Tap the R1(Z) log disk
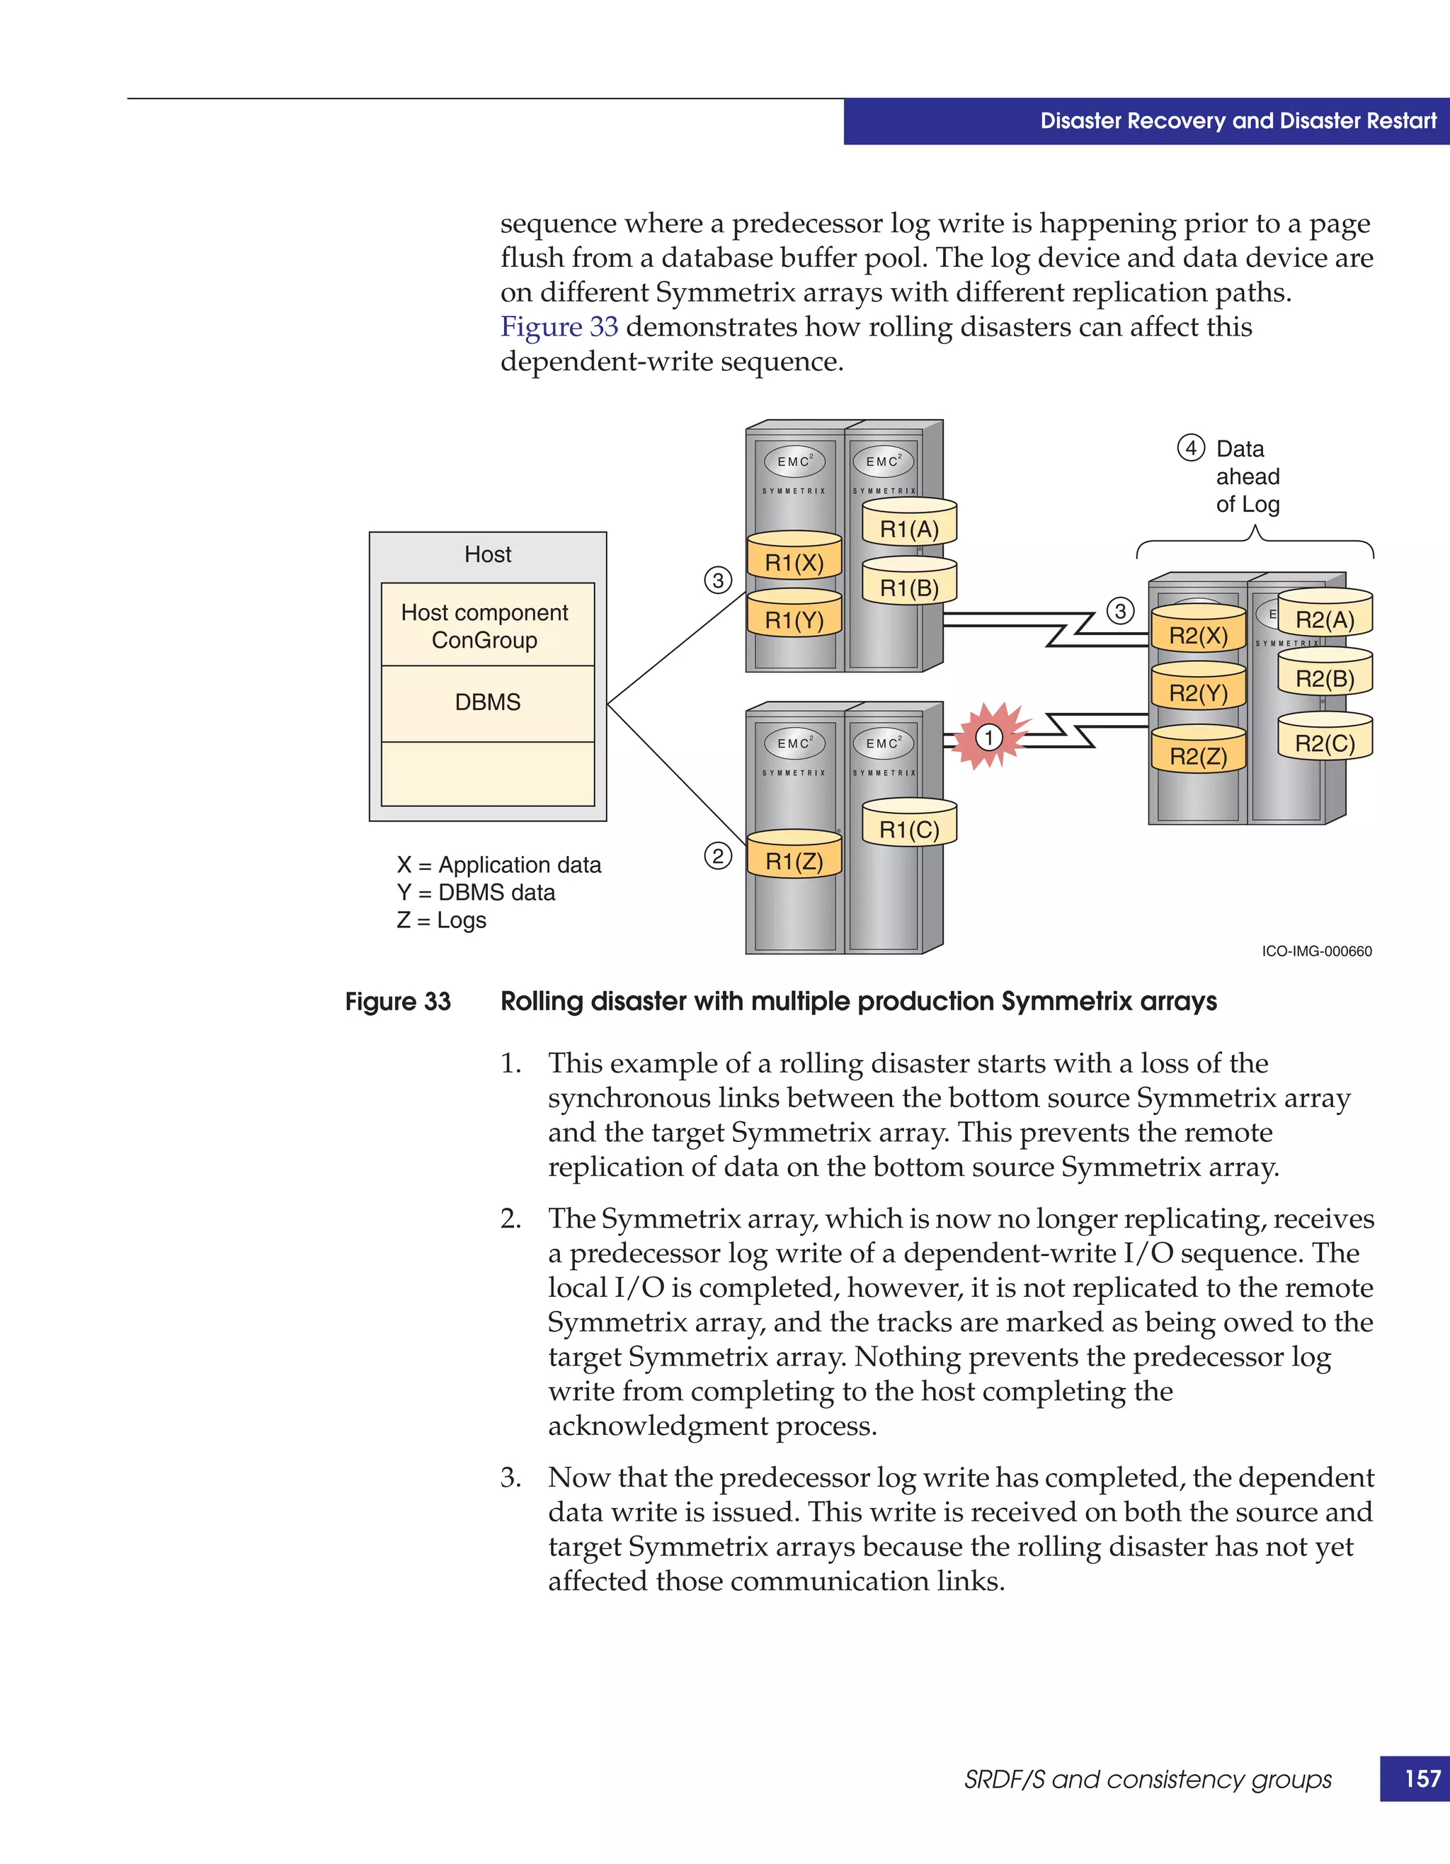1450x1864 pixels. (794, 857)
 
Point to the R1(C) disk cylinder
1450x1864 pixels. (909, 825)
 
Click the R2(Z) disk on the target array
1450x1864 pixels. (1198, 752)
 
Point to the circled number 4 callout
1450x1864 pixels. (1191, 448)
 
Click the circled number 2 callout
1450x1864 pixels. (718, 856)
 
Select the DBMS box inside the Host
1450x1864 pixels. (487, 703)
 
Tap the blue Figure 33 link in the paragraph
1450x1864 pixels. (559, 327)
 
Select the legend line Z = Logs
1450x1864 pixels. (441, 920)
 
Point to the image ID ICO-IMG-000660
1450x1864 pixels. (1316, 951)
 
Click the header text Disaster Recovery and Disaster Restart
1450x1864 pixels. (1238, 121)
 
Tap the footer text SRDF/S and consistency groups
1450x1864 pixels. (1148, 1780)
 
